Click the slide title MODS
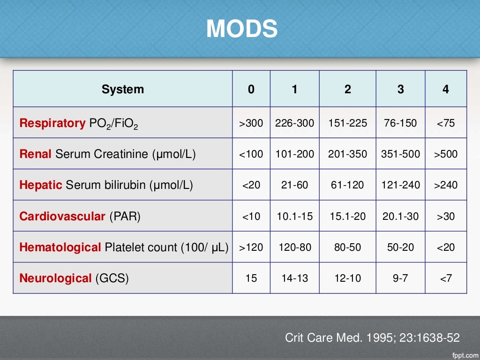coord(242,29)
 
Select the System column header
coord(123,89)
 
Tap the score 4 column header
coord(445,89)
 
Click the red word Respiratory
coord(52,123)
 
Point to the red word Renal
coord(36,154)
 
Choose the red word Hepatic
coord(41,185)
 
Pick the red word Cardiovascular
coord(62,216)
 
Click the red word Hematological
coord(60,247)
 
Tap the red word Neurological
coord(55,278)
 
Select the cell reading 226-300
coord(294,123)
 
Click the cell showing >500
coord(445,154)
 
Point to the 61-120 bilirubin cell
coord(347,185)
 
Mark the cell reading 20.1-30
coord(400,216)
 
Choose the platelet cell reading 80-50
coord(347,247)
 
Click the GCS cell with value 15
coord(251,278)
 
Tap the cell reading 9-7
coord(400,278)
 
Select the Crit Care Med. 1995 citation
coord(372,337)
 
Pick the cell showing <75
coord(445,123)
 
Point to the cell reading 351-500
coord(400,154)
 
